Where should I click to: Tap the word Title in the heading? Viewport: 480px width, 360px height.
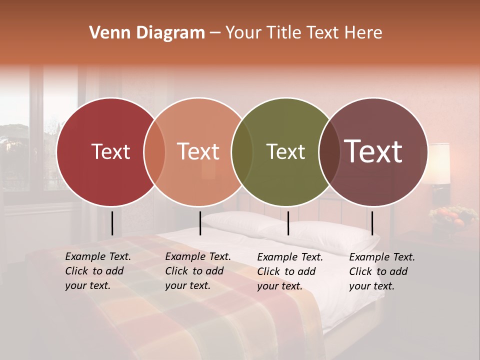(x=284, y=33)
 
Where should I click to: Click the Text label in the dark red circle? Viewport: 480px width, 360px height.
(x=110, y=152)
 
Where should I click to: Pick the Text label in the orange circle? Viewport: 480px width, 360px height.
(x=198, y=152)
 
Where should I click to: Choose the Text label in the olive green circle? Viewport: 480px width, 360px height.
(x=285, y=152)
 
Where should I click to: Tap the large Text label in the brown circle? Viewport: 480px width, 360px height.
(x=373, y=151)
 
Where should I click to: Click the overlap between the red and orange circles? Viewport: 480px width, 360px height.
(x=154, y=152)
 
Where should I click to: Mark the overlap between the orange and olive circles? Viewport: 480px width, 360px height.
(x=242, y=152)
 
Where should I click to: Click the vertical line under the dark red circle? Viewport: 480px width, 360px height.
(x=112, y=223)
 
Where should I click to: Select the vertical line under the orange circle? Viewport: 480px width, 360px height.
(x=200, y=223)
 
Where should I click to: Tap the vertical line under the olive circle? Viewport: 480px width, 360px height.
(x=288, y=223)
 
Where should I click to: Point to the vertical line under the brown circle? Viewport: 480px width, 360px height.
(x=372, y=223)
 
